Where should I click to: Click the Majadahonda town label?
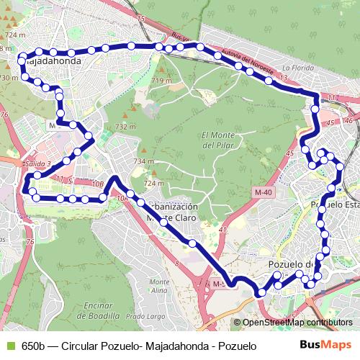[53, 62]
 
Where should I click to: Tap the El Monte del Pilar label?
[218, 140]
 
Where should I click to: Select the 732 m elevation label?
[125, 127]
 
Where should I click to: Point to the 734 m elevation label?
[143, 161]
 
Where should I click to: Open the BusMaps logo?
[325, 346]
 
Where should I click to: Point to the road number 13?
[284, 77]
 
